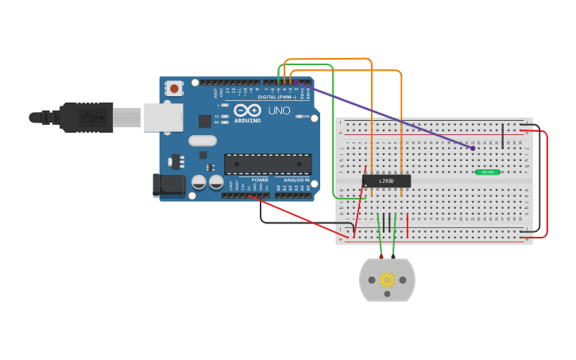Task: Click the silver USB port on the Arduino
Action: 163,117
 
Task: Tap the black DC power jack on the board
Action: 169,186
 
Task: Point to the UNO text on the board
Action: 279,110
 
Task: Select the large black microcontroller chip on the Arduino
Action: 267,165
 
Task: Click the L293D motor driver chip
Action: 386,181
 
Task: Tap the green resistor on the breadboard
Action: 487,172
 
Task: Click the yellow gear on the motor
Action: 387,280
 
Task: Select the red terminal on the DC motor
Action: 381,257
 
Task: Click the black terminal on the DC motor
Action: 393,257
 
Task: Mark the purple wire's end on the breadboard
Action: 473,148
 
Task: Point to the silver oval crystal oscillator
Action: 203,141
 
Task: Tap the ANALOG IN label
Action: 296,180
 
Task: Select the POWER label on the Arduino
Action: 260,180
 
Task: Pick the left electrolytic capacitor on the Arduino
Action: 199,182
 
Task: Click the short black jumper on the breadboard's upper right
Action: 502,136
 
